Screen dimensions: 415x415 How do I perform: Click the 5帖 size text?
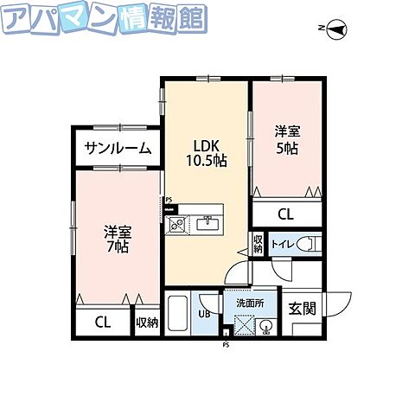point(288,149)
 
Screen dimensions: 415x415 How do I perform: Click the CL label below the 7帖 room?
point(102,322)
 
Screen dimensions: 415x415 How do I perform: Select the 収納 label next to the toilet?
point(258,242)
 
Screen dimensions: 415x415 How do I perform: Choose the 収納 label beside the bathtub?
point(147,322)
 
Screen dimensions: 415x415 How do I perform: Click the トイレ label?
point(282,245)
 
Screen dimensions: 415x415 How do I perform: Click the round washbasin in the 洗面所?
point(266,326)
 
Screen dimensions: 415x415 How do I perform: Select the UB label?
point(204,314)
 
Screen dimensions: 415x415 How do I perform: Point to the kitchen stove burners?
point(177,225)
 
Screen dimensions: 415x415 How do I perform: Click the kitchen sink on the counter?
point(207,225)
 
